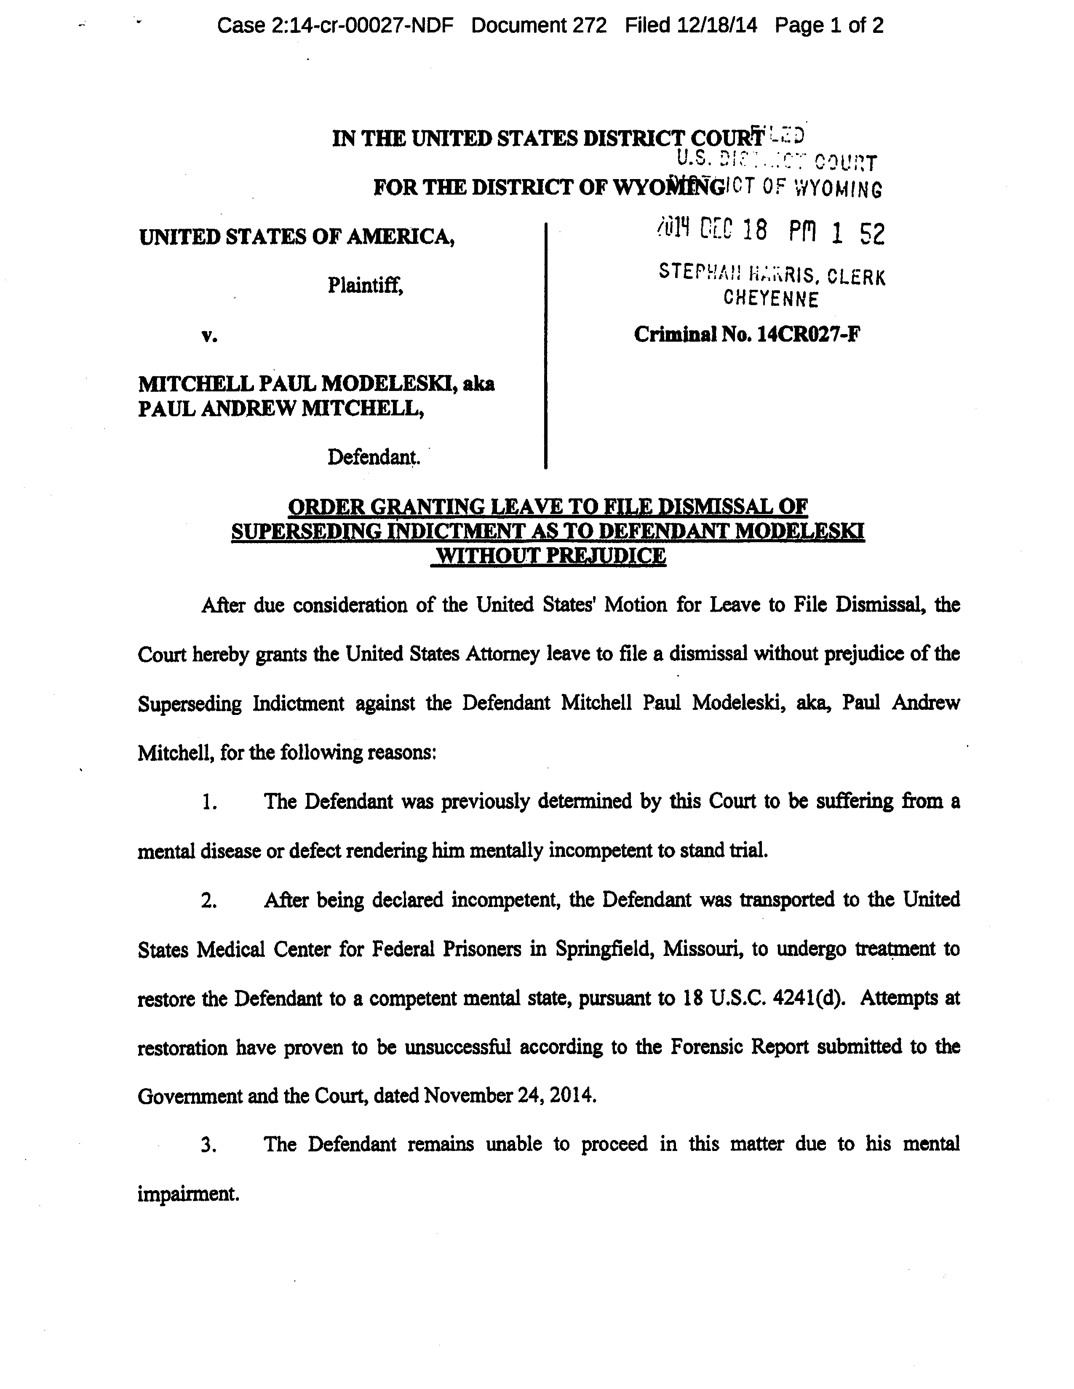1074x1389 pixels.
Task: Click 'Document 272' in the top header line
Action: click(539, 25)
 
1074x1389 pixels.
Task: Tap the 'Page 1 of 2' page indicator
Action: click(829, 25)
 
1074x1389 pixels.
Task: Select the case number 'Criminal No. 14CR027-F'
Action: click(747, 334)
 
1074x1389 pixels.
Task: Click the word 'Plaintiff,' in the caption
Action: click(366, 286)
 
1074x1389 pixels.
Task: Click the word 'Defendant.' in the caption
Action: click(373, 457)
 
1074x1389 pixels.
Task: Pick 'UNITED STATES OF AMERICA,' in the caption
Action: click(297, 237)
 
